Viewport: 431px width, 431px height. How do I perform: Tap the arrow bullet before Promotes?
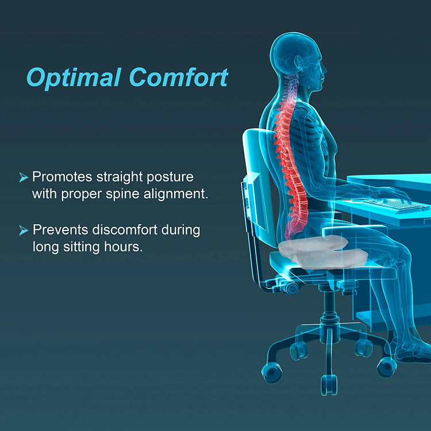click(x=24, y=177)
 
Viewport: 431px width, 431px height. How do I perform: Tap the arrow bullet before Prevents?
click(x=24, y=230)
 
